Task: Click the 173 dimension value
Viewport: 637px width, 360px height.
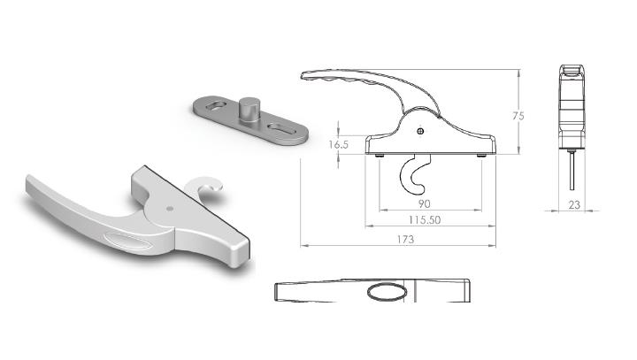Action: coord(405,240)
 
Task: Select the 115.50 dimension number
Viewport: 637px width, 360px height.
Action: coord(425,220)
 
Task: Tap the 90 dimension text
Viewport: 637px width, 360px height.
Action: coord(424,203)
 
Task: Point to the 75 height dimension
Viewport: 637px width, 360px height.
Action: coord(518,116)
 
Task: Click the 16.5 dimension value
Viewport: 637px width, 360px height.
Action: coord(338,144)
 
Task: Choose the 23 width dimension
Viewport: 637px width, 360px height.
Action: coord(574,205)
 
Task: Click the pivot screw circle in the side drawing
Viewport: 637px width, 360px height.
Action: coord(421,131)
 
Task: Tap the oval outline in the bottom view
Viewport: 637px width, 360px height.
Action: coord(388,292)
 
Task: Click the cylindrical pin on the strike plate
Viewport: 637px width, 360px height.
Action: coord(249,109)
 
